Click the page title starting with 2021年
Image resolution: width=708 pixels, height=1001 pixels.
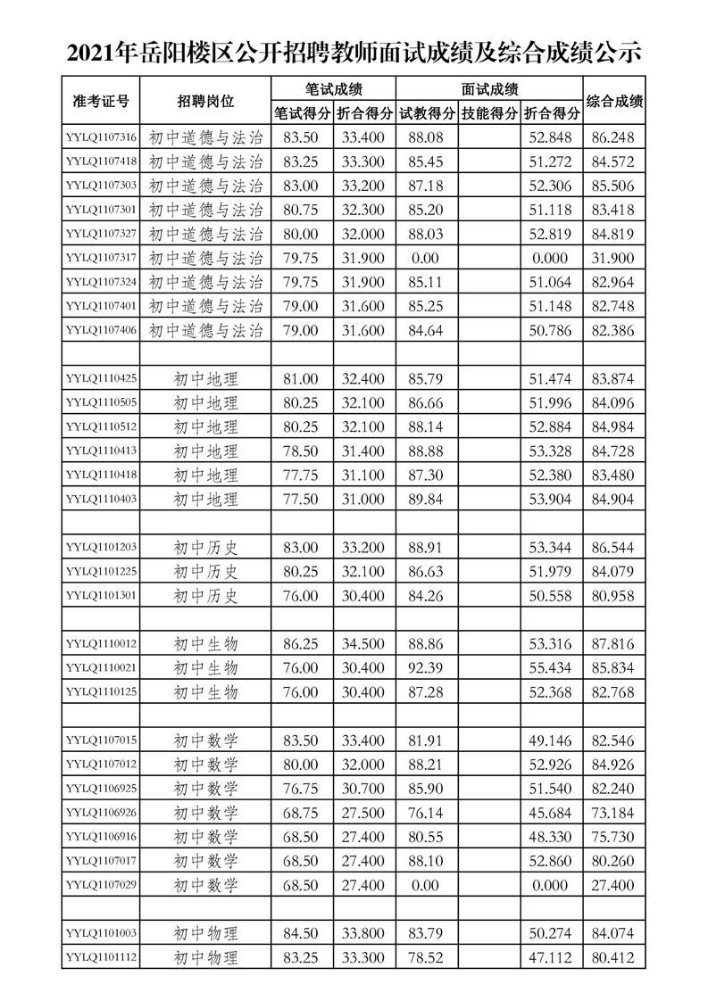point(354,52)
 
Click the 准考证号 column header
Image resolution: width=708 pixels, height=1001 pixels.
point(101,101)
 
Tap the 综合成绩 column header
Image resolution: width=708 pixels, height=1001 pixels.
point(612,101)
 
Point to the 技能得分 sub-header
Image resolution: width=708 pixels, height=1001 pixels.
point(489,113)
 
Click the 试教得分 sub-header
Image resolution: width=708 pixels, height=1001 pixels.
point(427,113)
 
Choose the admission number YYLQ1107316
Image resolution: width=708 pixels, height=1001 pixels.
point(101,137)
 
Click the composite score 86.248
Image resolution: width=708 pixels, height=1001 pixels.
point(612,137)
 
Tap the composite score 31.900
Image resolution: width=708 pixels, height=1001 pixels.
point(612,258)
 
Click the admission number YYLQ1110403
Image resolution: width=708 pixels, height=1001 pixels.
point(101,499)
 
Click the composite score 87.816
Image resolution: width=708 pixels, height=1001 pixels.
point(612,643)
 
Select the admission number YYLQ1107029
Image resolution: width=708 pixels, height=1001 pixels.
point(101,884)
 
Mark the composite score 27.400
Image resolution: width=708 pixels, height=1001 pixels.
point(612,884)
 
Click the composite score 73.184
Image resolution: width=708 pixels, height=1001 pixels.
point(612,812)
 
